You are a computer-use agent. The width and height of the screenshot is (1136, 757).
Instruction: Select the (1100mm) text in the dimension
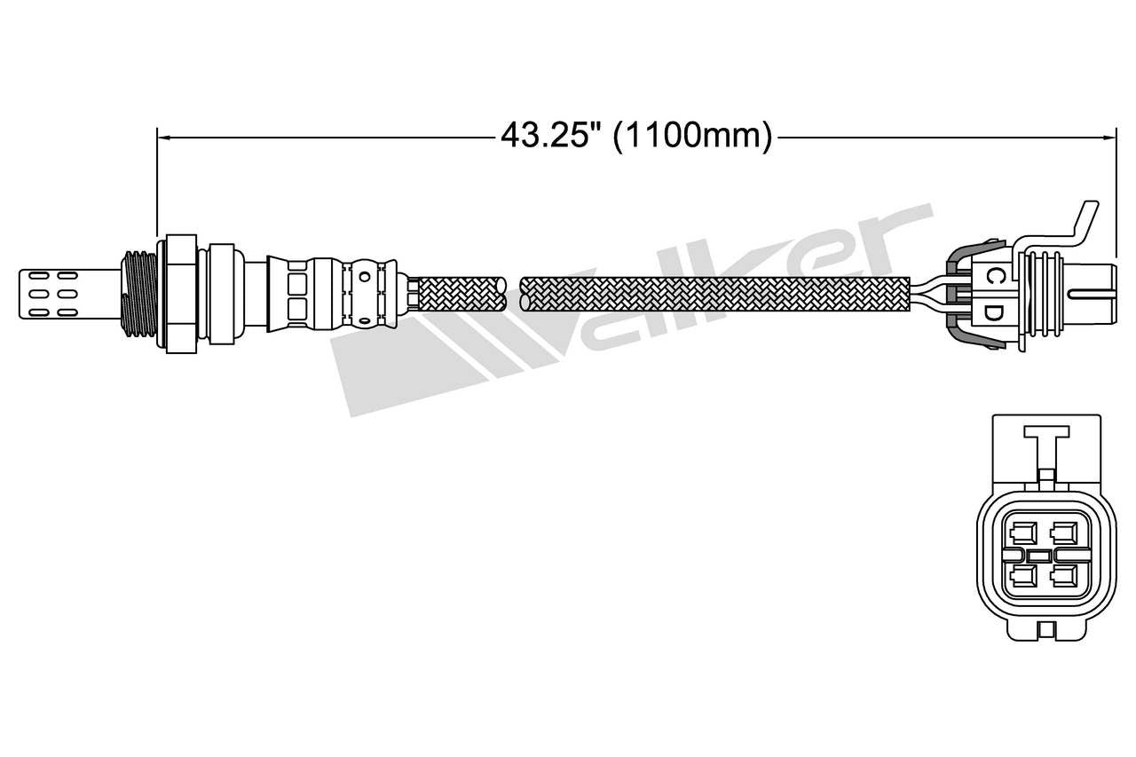692,136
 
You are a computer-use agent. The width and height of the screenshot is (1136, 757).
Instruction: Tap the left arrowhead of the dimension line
162,137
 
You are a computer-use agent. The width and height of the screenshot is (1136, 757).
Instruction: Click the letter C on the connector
995,276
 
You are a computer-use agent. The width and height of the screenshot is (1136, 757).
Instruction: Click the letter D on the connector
995,312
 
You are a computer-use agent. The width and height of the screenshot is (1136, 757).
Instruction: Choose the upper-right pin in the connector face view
1061,534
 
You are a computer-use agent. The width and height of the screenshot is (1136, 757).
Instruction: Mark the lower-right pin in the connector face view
1061,577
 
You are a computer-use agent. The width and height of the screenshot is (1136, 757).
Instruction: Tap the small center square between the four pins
1041,556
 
